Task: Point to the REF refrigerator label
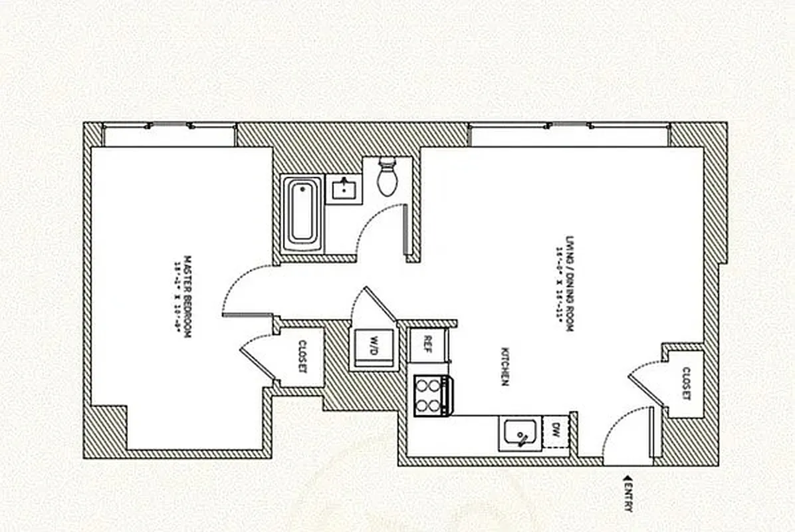(427, 344)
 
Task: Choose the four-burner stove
(431, 395)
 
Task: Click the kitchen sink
(520, 434)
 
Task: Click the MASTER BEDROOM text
(187, 297)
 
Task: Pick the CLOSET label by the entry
(685, 384)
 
